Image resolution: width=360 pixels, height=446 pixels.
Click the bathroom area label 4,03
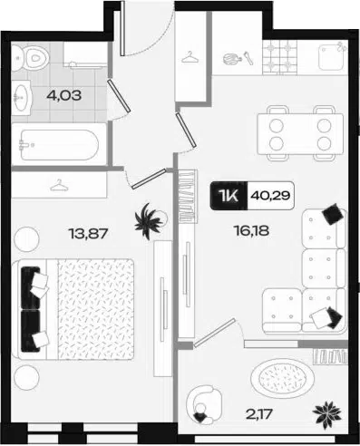64,96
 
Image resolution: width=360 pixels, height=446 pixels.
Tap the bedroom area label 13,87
88,233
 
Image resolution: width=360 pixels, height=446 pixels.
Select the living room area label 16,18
251,231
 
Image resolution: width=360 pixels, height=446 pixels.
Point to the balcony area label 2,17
259,414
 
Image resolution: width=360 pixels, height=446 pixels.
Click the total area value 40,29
270,196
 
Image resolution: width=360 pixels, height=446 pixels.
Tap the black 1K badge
229,196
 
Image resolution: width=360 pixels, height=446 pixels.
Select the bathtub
59,145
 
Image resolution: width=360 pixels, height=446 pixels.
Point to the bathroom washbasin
22,97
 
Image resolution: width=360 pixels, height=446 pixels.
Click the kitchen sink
332,57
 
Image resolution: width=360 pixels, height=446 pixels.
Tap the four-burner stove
279,57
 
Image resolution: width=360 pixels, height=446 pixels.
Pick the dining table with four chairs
300,133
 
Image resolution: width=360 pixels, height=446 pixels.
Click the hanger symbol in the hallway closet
190,57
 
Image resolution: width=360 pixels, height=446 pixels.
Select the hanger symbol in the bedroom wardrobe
59,185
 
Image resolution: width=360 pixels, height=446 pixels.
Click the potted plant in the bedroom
149,221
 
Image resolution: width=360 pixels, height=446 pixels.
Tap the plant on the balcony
327,413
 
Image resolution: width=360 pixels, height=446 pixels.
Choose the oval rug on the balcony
282,378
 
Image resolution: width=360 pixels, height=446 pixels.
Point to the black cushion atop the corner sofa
333,214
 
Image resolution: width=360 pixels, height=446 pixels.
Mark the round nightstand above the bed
27,239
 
